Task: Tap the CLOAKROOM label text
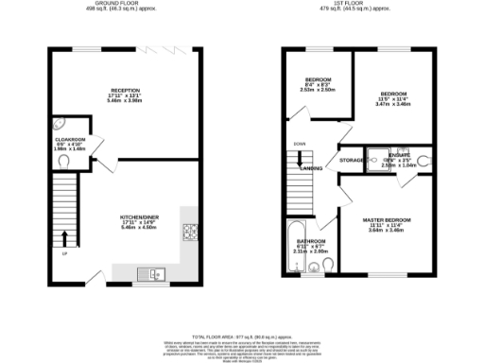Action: (x=71, y=139)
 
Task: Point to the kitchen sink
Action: (x=152, y=274)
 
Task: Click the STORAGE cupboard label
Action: (x=353, y=161)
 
